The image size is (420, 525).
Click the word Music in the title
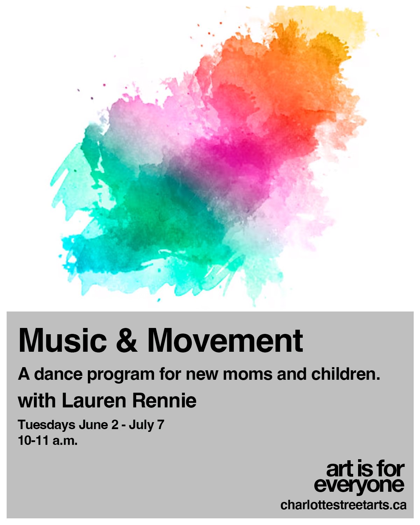pos(62,341)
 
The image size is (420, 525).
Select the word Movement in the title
pos(225,341)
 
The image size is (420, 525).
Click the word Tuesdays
pos(47,425)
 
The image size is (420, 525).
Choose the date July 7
pos(146,425)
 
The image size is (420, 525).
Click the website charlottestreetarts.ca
pos(343,505)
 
